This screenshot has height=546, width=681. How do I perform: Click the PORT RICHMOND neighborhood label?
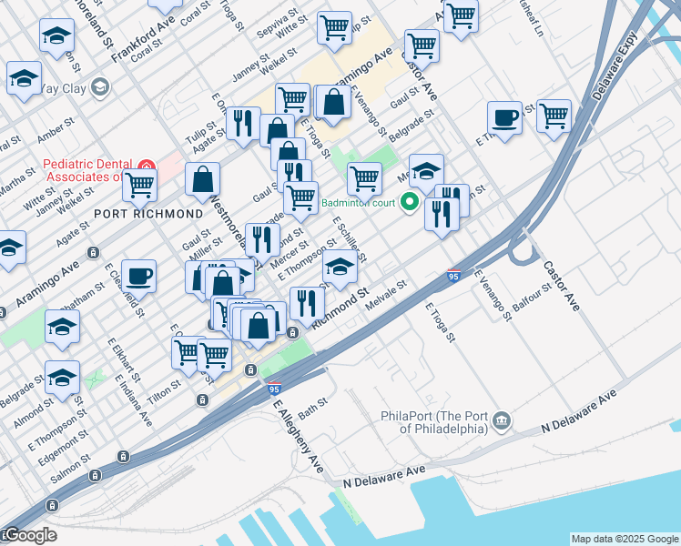(x=148, y=213)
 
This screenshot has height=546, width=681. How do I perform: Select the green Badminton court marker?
(x=410, y=202)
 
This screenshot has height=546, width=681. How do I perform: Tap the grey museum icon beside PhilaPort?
(x=502, y=421)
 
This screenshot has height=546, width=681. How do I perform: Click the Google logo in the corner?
(x=29, y=535)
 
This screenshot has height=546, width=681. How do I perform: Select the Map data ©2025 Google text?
(x=624, y=539)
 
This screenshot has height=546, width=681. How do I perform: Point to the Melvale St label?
(x=385, y=299)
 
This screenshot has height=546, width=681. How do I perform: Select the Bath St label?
(x=311, y=408)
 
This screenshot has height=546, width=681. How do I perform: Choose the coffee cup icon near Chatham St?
(x=138, y=277)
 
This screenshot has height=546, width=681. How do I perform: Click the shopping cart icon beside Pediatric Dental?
(x=140, y=185)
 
